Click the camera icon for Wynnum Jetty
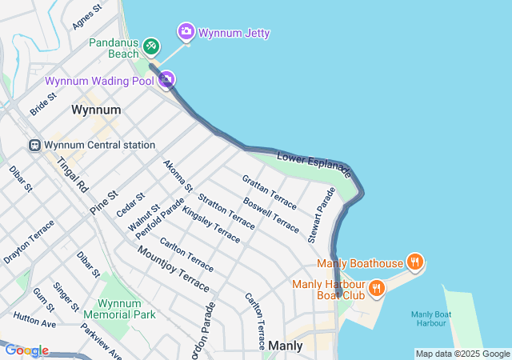click(x=186, y=31)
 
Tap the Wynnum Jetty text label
click(x=234, y=34)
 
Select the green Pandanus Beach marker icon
click(x=151, y=46)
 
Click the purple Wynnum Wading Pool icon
click(x=166, y=78)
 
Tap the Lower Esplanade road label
click(x=314, y=163)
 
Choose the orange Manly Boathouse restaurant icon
click(x=414, y=262)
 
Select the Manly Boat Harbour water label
click(x=431, y=318)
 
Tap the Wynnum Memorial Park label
click(x=126, y=309)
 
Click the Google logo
click(x=27, y=350)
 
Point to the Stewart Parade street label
click(x=322, y=214)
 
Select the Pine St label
click(x=103, y=201)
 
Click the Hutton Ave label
click(x=34, y=320)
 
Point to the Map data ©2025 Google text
click(x=462, y=354)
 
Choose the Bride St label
click(x=42, y=103)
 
